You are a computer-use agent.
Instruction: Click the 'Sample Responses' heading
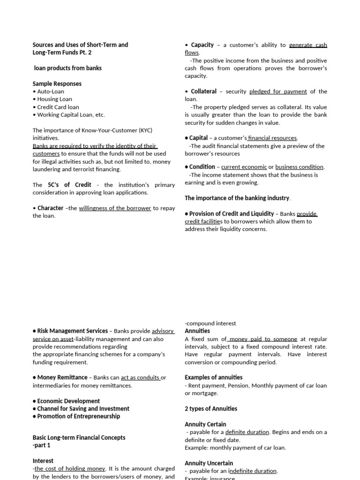(x=57, y=83)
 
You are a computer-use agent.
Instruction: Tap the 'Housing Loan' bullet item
(x=54, y=99)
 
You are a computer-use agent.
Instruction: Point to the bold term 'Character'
(x=50, y=208)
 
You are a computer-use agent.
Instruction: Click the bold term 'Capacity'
(x=202, y=45)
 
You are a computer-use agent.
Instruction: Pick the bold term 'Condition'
(x=202, y=166)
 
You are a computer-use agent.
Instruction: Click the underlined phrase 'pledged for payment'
(x=278, y=91)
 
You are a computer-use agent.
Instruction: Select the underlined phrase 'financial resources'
(x=273, y=138)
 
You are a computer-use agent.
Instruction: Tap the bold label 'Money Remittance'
(x=62, y=377)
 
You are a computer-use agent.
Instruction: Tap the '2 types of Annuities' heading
(x=211, y=409)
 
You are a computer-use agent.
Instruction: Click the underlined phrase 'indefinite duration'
(x=253, y=471)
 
